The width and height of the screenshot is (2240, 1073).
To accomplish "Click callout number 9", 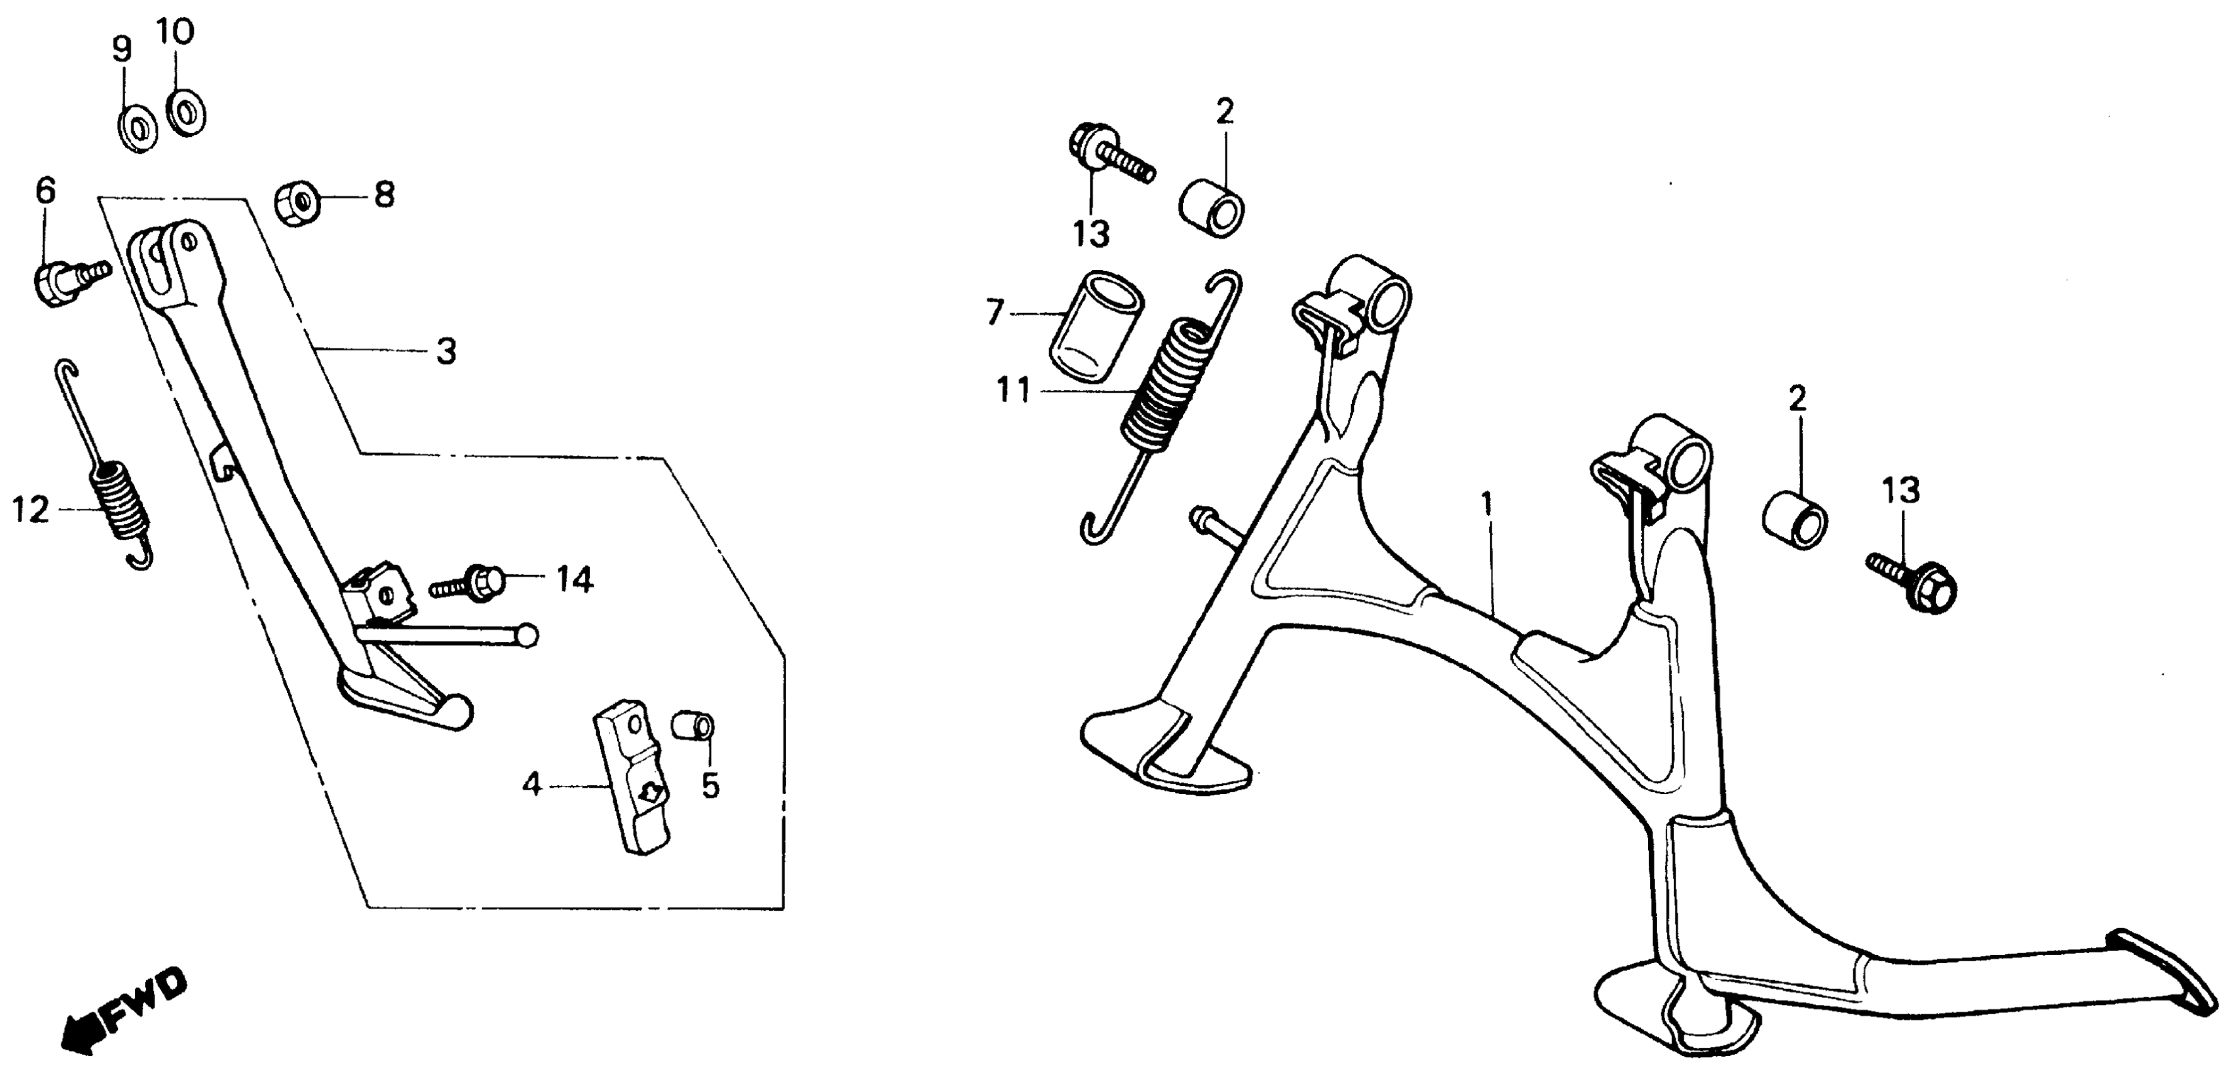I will pyautogui.click(x=122, y=50).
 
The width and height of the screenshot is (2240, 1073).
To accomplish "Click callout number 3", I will pyautogui.click(x=445, y=352).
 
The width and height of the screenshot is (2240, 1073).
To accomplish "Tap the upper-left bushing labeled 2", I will pyautogui.click(x=1211, y=207).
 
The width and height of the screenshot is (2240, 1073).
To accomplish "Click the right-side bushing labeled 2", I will pyautogui.click(x=1795, y=520).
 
